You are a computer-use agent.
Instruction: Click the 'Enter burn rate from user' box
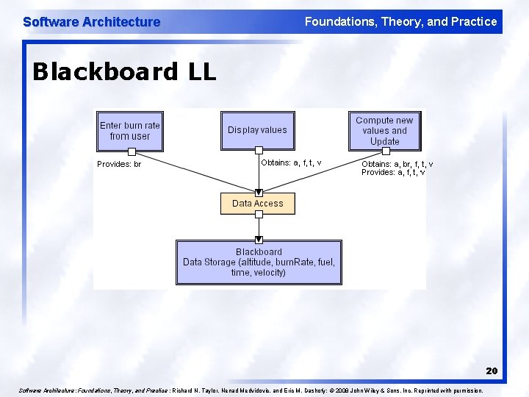point(130,130)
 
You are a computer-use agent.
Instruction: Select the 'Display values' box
point(258,130)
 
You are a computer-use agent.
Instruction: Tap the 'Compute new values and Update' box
point(384,130)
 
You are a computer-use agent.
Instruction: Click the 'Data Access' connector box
point(258,204)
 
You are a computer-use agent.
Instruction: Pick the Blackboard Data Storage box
point(259,262)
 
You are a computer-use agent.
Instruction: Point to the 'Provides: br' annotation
point(119,164)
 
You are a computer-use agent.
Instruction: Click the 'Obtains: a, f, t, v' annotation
point(291,162)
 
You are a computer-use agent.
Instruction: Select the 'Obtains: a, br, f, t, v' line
point(397,164)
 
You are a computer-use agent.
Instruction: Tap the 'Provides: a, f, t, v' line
point(393,173)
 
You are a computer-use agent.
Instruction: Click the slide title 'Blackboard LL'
point(124,72)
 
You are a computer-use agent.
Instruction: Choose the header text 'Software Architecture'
point(91,22)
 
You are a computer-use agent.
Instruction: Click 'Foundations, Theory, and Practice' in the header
point(400,22)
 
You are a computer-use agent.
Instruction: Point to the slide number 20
point(492,371)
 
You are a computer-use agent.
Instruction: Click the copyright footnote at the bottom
point(250,390)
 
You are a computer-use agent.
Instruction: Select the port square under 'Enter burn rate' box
point(132,150)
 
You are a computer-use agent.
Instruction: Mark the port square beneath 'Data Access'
point(258,215)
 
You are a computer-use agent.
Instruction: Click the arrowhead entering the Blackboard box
point(259,239)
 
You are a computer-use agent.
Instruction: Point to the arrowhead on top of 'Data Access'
point(258,192)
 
